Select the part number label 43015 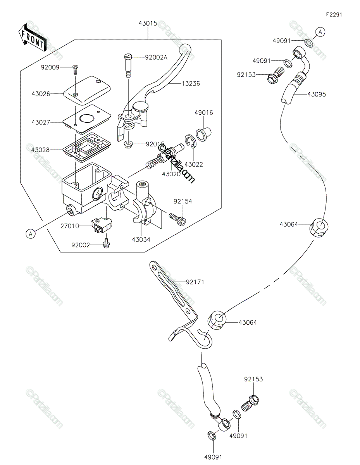click(x=148, y=23)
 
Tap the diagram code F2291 click(x=334, y=15)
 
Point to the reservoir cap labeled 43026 click(x=87, y=90)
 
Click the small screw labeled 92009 click(x=75, y=69)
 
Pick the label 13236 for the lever click(x=191, y=83)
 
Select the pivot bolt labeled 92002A click(x=128, y=66)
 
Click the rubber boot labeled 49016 click(x=203, y=134)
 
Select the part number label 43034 click(x=141, y=239)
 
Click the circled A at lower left click(x=31, y=234)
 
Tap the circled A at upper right click(x=320, y=32)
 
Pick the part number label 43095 click(x=317, y=94)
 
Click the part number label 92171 click(x=195, y=282)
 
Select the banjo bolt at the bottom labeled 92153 click(x=250, y=403)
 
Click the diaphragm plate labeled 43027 click(x=87, y=119)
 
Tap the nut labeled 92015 click(x=128, y=145)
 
